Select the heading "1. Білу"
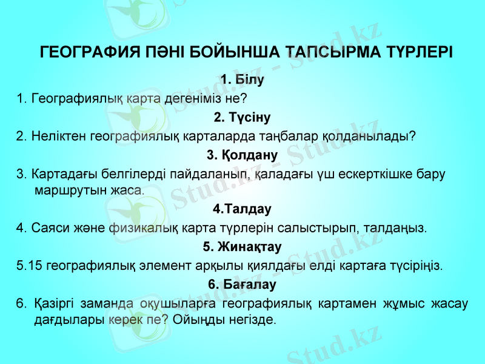[242, 79]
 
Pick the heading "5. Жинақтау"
[242, 247]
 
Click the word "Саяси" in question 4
[45, 229]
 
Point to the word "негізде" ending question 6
[252, 318]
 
